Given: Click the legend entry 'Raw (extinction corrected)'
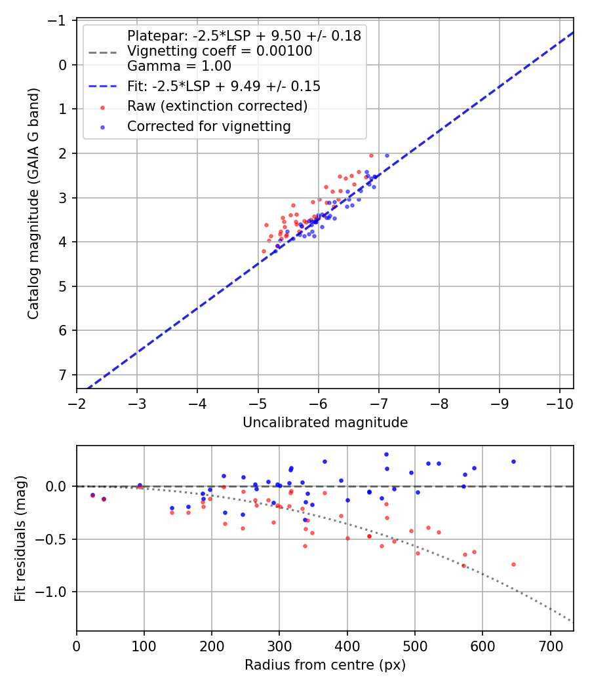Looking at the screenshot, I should pos(217,106).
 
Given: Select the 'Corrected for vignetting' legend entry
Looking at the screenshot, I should pos(208,126).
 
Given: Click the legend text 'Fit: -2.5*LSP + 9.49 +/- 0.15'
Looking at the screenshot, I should pos(224,86).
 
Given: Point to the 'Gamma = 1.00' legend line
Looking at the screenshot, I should pos(179,66).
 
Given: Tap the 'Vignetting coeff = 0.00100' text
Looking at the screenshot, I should pos(220,51).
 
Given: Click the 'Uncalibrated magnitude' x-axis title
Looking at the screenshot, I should pos(325,423).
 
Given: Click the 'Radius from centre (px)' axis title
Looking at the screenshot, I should pos(325,665).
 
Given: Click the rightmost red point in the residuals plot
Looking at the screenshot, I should pos(513,564).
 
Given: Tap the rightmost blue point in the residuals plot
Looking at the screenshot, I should pos(513,461).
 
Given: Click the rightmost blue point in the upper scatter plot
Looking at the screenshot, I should pos(387,156).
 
